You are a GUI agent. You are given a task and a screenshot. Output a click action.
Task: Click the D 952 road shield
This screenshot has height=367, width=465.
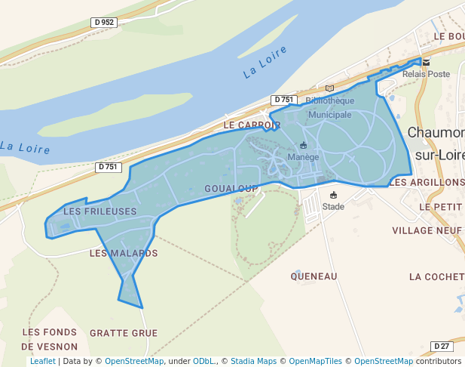[105, 23]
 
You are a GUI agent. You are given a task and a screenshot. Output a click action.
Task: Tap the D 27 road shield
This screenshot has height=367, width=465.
[442, 346]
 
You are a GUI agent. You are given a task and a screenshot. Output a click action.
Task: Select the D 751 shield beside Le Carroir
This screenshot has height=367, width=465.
[284, 100]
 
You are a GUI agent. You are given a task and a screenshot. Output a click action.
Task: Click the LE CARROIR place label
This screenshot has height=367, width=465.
[252, 125]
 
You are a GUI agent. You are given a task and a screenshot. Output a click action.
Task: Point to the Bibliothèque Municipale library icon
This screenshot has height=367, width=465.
[329, 89]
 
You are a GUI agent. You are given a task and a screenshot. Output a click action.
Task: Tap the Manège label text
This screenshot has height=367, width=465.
[304, 157]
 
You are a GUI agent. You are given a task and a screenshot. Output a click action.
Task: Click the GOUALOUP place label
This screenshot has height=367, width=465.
[231, 188]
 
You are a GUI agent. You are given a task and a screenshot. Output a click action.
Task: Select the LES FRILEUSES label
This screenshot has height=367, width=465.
[100, 211]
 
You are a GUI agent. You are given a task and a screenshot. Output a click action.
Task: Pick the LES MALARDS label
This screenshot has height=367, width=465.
[124, 254]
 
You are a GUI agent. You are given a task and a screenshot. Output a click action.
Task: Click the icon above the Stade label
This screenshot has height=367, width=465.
[333, 195]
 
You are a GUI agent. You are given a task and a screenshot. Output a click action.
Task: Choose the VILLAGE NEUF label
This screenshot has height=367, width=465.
[427, 230]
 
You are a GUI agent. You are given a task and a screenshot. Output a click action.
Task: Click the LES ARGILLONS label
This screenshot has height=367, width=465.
[427, 183]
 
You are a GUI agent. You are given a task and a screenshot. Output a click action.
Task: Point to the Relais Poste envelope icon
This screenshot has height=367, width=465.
[426, 63]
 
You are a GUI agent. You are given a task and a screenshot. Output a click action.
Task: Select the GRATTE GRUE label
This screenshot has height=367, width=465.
[124, 333]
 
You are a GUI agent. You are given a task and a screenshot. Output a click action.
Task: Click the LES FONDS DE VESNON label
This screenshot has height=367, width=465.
[49, 340]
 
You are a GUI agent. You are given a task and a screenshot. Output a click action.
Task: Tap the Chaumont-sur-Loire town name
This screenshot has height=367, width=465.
[436, 143]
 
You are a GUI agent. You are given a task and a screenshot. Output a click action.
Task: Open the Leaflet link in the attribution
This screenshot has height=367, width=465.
[42, 361]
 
